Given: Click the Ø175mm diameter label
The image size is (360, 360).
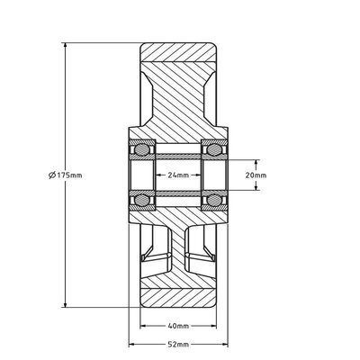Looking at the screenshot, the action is pos(65,175).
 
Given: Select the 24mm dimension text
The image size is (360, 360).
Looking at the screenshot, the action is pos(178,175).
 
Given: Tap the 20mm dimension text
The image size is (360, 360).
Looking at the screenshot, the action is pos(256,175).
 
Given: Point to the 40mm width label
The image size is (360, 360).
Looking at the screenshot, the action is pos(178,326).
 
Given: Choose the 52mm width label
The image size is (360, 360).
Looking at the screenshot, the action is pos(178,345).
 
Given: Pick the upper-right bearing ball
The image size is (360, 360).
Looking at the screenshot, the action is pos(214,149).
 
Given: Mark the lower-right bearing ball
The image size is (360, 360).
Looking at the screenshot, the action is pos(214,200).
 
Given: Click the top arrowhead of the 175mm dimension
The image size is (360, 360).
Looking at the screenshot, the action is pos(65,46).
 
